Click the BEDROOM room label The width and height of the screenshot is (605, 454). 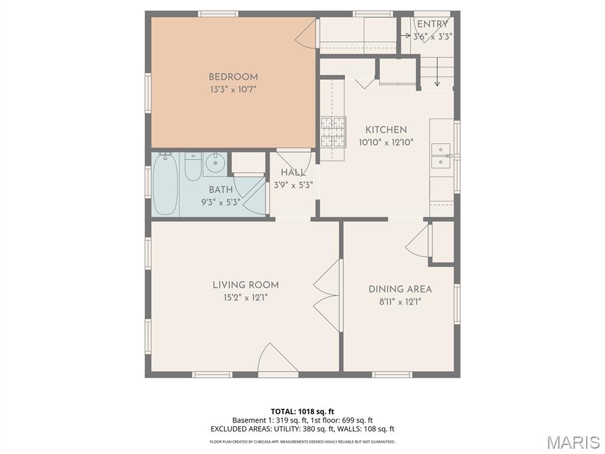tap(233, 77)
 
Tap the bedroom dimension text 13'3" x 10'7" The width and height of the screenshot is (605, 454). tap(233, 90)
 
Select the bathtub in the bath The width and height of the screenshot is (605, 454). tap(165, 184)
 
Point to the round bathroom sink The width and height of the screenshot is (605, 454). tap(215, 161)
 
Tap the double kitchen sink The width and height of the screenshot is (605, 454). tap(440, 155)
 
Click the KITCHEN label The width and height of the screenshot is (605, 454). tap(386, 130)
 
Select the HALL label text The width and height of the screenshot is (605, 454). tap(293, 173)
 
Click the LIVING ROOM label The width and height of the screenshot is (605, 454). tap(245, 285)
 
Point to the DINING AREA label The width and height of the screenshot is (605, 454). tap(400, 289)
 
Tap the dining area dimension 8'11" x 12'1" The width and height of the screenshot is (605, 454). tap(399, 301)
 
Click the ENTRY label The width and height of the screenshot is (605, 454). tap(432, 24)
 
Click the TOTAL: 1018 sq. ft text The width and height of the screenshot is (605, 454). tap(302, 411)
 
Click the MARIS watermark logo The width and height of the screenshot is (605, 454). tap(573, 442)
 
